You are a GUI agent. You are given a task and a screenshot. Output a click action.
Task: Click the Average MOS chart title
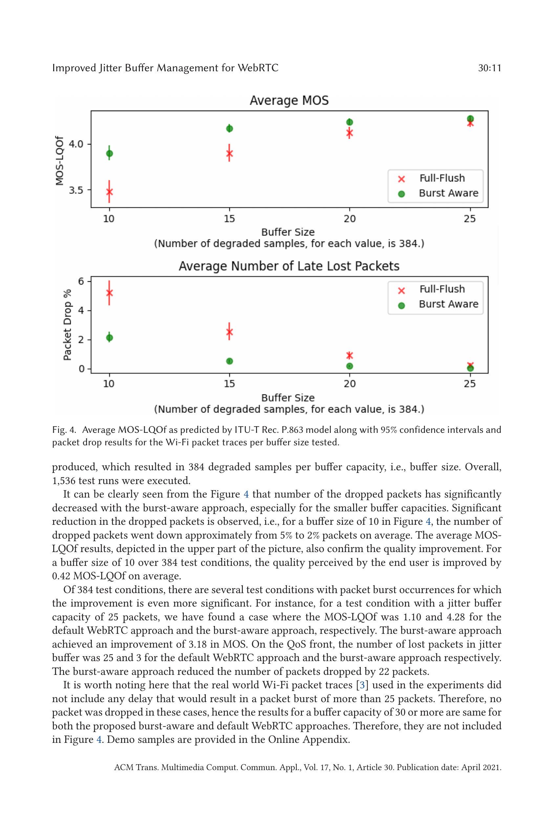(x=289, y=100)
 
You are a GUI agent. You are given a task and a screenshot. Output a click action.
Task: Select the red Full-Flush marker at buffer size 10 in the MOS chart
(x=110, y=192)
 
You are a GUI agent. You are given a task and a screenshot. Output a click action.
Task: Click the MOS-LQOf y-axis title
(x=60, y=160)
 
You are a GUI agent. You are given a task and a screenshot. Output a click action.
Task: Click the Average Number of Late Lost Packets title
(x=289, y=266)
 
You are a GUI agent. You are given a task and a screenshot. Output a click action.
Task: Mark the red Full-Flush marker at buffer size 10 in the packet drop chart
(x=110, y=293)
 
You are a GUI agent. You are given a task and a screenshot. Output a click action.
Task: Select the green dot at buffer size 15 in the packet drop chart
(x=229, y=361)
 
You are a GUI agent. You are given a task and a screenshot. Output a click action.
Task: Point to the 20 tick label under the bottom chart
(x=350, y=384)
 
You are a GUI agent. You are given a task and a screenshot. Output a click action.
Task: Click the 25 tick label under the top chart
(x=470, y=219)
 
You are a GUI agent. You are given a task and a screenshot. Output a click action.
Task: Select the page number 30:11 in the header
(x=489, y=68)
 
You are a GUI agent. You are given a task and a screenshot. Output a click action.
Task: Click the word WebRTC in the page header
(x=258, y=68)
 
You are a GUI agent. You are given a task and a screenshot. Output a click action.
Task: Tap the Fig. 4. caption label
(x=64, y=430)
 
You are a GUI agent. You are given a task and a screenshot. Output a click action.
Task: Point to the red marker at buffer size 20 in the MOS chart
(x=350, y=133)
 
